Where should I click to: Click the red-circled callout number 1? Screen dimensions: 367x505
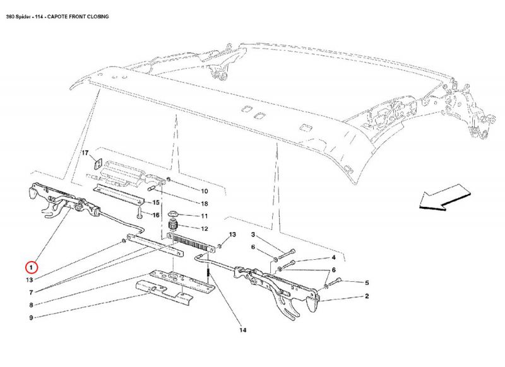coord(32,266)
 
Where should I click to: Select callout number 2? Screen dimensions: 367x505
coord(367,296)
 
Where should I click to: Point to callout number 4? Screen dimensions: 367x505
coord(333,258)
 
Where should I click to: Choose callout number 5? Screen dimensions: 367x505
coord(366,282)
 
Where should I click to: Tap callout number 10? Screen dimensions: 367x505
coord(205,190)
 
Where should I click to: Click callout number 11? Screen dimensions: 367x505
coord(205,216)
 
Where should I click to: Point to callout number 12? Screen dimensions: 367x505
coord(205,228)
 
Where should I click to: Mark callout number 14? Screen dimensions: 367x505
coord(242,330)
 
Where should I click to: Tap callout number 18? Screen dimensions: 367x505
coord(205,203)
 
